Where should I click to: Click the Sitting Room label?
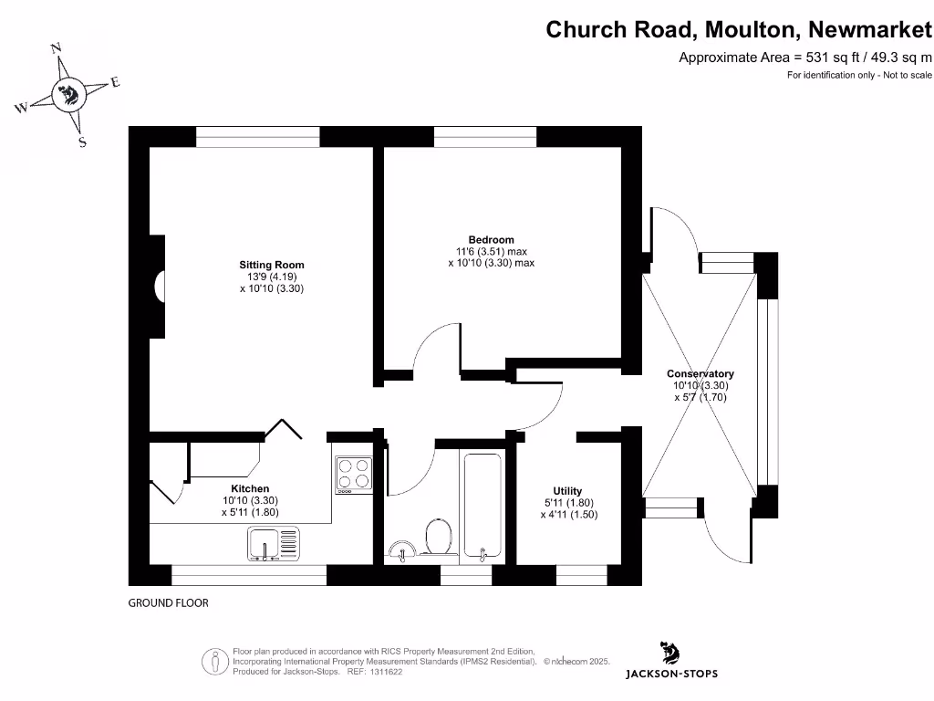[x=265, y=265]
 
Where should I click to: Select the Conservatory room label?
[x=700, y=374]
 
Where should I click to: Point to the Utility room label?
[x=567, y=491]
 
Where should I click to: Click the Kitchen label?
[x=249, y=489]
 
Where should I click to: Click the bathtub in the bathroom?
[x=482, y=506]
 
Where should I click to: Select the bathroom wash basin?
[x=402, y=549]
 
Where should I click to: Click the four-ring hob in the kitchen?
[x=354, y=473]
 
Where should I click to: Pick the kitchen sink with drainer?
[x=273, y=544]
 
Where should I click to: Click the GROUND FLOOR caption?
[x=168, y=603]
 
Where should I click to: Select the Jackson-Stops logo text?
[x=670, y=674]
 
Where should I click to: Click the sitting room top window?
[x=257, y=136]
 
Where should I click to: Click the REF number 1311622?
[x=383, y=672]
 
